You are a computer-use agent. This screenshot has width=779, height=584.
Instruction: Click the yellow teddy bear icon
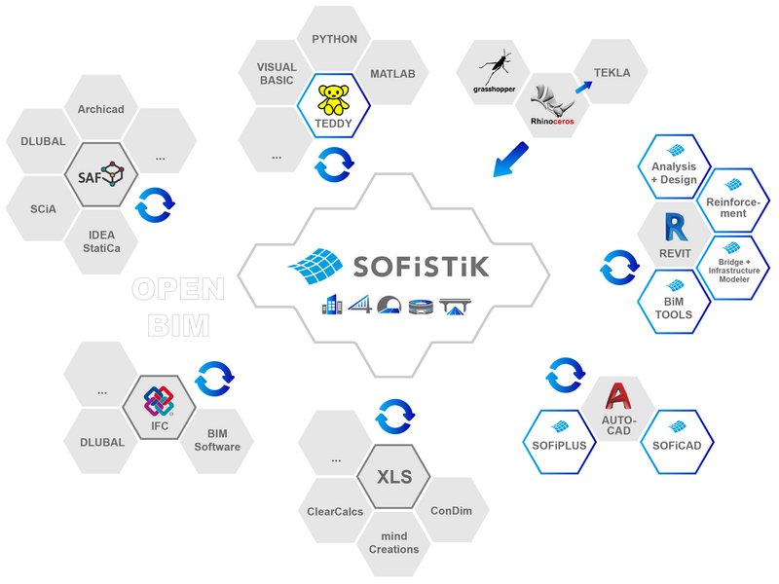pyautogui.click(x=333, y=100)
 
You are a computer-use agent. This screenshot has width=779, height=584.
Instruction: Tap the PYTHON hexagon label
pyautogui.click(x=334, y=39)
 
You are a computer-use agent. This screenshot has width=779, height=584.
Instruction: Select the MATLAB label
pyautogui.click(x=392, y=74)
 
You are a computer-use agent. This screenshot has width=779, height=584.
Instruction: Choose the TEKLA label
pyautogui.click(x=612, y=73)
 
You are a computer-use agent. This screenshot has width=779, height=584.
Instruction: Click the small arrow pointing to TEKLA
pyautogui.click(x=583, y=87)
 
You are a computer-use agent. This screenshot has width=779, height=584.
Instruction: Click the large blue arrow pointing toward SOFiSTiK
pyautogui.click(x=510, y=160)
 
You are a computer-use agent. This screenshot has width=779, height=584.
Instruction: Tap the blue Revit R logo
pyautogui.click(x=676, y=227)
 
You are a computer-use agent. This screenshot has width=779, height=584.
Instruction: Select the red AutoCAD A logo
pyautogui.click(x=617, y=397)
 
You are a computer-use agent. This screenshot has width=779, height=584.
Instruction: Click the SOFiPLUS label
pyautogui.click(x=559, y=446)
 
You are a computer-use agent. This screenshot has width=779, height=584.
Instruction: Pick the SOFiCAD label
pyautogui.click(x=677, y=446)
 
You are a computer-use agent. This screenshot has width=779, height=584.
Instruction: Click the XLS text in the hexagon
pyautogui.click(x=394, y=477)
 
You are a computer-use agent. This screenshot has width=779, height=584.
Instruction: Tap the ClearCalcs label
pyautogui.click(x=335, y=512)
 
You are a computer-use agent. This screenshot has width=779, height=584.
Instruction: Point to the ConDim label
pyautogui.click(x=451, y=510)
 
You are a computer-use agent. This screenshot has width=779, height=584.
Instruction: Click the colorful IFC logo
pyautogui.click(x=159, y=401)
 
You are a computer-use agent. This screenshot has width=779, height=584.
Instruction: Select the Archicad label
pyautogui.click(x=101, y=109)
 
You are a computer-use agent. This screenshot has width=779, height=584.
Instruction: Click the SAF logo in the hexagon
pyautogui.click(x=101, y=174)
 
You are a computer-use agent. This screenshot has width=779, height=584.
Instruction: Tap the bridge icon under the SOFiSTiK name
pyautogui.click(x=455, y=307)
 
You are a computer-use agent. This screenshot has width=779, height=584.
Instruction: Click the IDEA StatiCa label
pyautogui.click(x=101, y=241)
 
